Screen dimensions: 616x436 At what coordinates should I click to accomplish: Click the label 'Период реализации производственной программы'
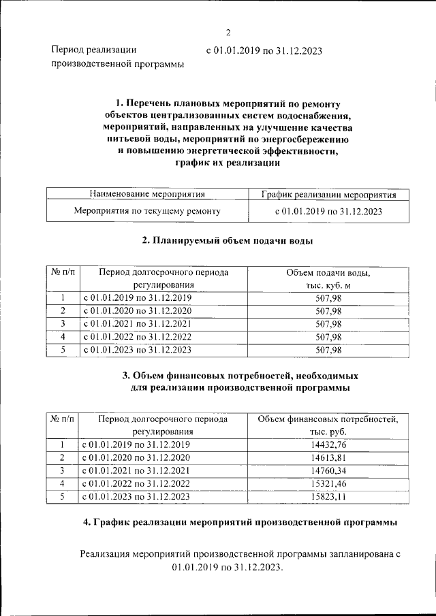click(118, 57)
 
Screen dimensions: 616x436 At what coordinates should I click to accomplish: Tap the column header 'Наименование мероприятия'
click(147, 195)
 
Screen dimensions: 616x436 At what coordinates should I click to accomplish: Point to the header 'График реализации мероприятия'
click(328, 195)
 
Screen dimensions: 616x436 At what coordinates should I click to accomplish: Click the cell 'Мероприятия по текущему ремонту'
click(147, 211)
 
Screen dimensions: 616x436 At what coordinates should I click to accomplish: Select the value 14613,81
click(328, 457)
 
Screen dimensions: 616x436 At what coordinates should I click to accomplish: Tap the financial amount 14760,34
click(328, 470)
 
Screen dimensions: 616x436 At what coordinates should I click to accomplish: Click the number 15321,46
click(328, 483)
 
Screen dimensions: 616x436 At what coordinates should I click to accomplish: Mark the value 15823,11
click(328, 496)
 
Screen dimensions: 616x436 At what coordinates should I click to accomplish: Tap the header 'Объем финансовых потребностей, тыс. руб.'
click(328, 425)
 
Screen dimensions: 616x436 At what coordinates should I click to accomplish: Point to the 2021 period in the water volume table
click(138, 324)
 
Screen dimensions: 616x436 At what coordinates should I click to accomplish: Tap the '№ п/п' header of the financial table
click(62, 419)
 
